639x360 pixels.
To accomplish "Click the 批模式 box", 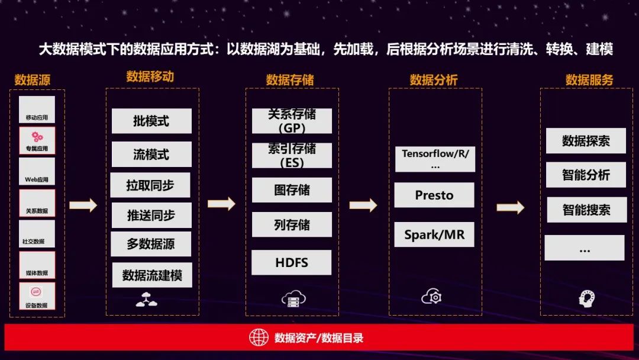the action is point(151,121).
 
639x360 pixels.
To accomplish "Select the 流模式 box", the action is point(151,155).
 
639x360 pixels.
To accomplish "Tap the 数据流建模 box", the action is point(152,275).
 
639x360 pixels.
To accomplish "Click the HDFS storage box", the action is point(292,262).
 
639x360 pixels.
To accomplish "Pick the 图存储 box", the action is point(292,190).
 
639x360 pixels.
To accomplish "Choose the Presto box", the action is point(434,195).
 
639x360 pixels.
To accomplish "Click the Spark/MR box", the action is point(434,234).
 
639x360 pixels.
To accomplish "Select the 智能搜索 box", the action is point(586,210).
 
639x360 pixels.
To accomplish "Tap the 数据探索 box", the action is point(586,141).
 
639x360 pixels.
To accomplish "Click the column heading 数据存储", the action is point(290,80).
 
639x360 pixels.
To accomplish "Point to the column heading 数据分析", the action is point(434,80).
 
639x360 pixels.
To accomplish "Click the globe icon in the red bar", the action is point(259,337).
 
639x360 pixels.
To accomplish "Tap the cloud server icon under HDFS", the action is point(293,298).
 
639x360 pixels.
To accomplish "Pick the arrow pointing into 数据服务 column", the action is point(510,207).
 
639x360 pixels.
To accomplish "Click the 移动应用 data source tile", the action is point(37,110).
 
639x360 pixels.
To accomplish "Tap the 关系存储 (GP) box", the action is point(292,121).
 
